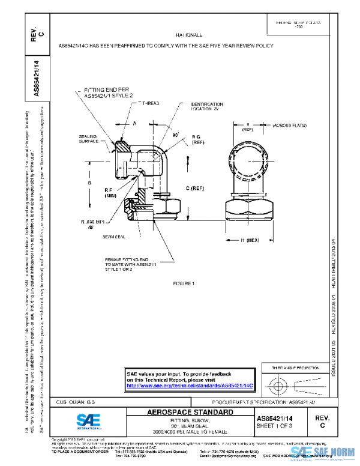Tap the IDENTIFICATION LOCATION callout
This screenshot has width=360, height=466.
click(206, 107)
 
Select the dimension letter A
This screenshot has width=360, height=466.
click(135, 123)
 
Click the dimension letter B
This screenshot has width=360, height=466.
click(89, 183)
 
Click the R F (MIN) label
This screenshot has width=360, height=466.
click(110, 192)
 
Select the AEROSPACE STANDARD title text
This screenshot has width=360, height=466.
click(191, 413)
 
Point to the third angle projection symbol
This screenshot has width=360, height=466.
click(294, 383)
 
